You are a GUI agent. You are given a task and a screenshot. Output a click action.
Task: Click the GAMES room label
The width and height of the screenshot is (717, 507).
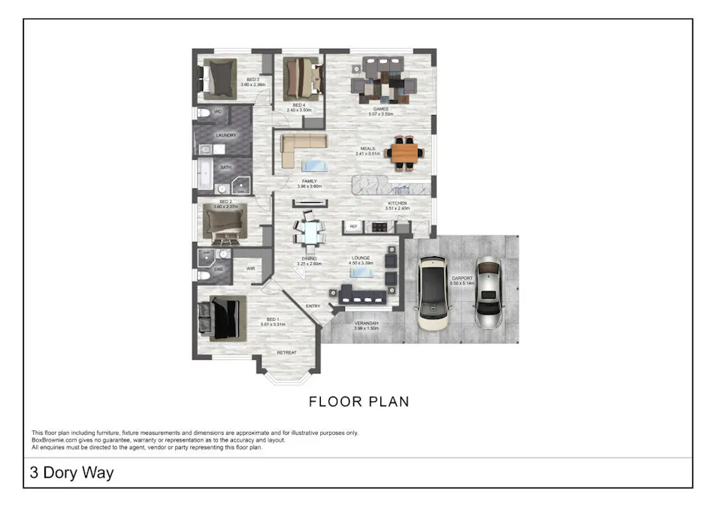380,109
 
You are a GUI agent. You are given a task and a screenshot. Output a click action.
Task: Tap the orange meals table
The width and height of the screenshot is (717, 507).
405,152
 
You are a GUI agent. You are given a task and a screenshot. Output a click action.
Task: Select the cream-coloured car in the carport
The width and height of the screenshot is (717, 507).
433,294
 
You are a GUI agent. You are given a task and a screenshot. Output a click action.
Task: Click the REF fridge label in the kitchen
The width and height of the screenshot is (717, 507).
353,225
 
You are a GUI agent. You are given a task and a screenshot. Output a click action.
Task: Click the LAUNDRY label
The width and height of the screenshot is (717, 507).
226,135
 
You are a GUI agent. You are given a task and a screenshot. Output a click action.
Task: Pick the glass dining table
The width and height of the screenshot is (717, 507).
309,232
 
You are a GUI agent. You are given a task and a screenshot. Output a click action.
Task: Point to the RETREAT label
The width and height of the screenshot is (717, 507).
286,352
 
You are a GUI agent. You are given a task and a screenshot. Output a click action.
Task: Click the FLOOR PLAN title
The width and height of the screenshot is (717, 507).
358,402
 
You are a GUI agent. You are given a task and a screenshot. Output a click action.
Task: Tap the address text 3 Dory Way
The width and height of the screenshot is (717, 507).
71,473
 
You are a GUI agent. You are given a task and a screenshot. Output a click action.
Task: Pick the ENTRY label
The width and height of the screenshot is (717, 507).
313,306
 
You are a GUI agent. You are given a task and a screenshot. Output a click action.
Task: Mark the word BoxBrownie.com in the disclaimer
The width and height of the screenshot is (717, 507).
53,440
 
